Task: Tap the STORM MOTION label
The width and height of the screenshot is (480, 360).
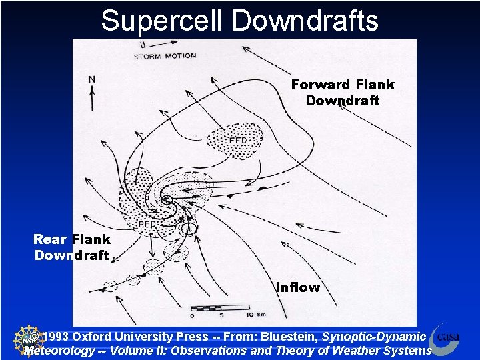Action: pyautogui.click(x=165, y=56)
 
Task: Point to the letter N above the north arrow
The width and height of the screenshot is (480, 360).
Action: pyautogui.click(x=91, y=79)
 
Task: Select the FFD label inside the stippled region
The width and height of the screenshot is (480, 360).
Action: pyautogui.click(x=238, y=141)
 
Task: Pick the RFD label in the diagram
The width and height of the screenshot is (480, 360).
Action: pyautogui.click(x=147, y=224)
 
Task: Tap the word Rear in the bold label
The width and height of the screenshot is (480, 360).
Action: pyautogui.click(x=50, y=239)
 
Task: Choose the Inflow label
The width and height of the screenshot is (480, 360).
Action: pyautogui.click(x=298, y=288)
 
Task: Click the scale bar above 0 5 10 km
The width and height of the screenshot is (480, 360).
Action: pyautogui.click(x=220, y=308)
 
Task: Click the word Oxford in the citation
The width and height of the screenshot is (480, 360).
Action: pyautogui.click(x=93, y=337)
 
